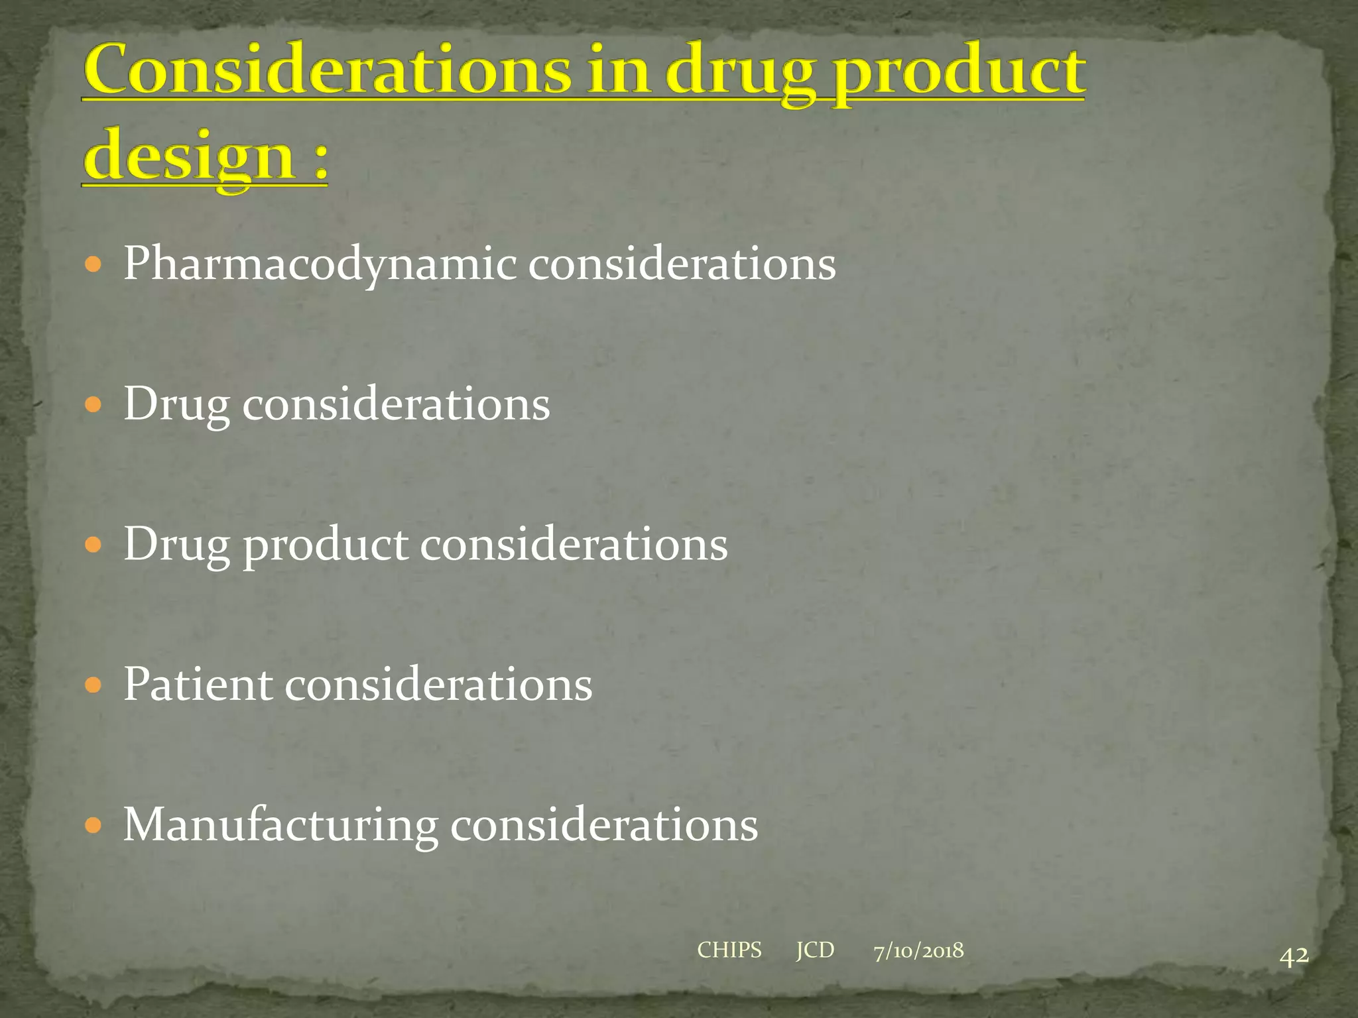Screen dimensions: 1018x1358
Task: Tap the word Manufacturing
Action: (280, 826)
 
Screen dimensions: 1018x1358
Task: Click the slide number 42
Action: (1294, 956)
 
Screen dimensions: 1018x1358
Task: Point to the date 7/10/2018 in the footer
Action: (918, 950)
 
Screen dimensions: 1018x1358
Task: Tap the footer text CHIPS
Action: (729, 950)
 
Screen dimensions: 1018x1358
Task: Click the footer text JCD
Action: (815, 950)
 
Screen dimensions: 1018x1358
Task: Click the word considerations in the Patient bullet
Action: (438, 685)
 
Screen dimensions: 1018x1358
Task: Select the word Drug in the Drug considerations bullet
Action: (176, 405)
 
